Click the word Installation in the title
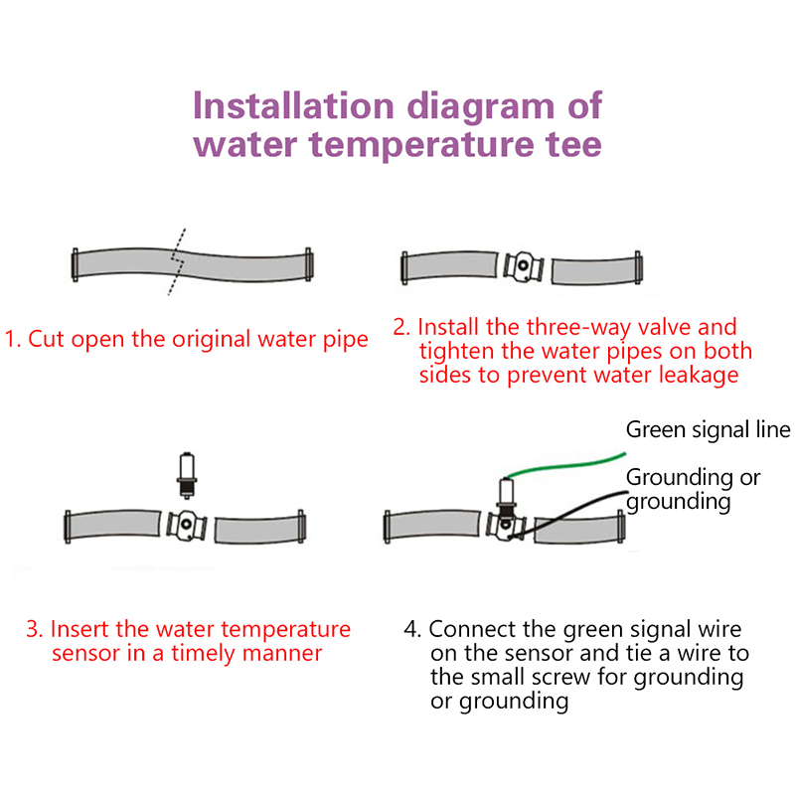click(x=293, y=106)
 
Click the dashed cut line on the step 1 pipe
click(x=177, y=261)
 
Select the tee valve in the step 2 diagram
click(x=524, y=266)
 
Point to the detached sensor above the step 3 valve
click(x=187, y=475)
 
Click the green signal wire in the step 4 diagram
click(x=566, y=465)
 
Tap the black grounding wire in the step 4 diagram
click(x=567, y=514)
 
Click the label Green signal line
click(x=708, y=430)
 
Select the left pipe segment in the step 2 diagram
click(x=449, y=265)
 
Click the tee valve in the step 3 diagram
click(x=186, y=526)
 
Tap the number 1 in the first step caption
click(x=11, y=339)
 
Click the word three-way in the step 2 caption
click(x=558, y=329)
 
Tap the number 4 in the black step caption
click(x=411, y=629)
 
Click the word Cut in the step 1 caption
click(x=46, y=339)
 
